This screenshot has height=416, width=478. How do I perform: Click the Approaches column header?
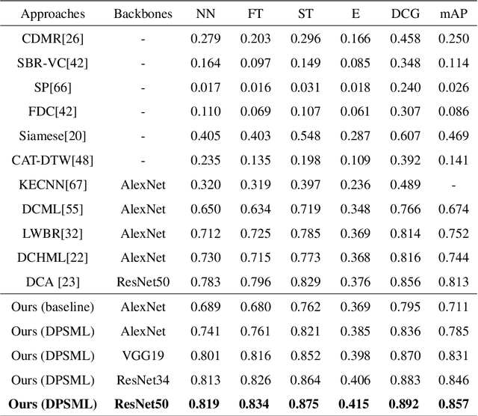[52, 13]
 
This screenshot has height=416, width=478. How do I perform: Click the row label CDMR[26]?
[52, 38]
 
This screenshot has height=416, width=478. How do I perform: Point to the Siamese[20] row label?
[52, 135]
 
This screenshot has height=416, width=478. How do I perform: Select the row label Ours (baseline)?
[52, 308]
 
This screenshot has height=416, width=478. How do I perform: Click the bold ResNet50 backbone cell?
[141, 405]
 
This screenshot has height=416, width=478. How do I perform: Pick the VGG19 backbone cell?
[141, 356]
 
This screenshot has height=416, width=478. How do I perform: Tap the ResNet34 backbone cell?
[141, 380]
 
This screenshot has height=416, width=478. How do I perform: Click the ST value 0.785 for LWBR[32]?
[305, 233]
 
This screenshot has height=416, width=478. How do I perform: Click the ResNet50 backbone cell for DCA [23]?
[141, 282]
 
